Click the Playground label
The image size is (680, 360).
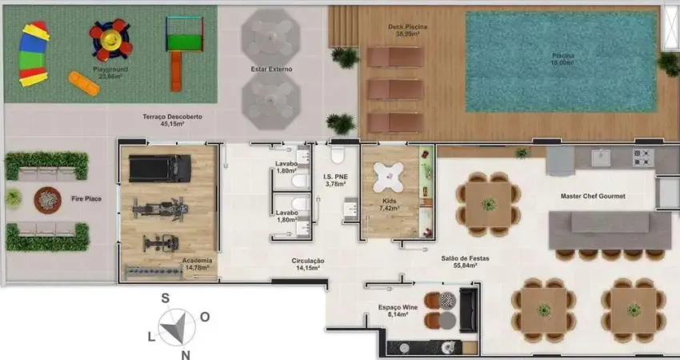(110, 70)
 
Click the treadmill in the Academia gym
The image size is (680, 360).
(160, 167)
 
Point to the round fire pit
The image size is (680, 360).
(47, 198)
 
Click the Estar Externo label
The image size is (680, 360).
(271, 70)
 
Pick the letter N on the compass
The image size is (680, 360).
(185, 354)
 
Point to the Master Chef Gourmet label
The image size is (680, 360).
(593, 196)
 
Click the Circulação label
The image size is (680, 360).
(307, 260)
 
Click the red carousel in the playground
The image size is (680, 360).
(110, 37)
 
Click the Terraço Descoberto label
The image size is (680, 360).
(172, 117)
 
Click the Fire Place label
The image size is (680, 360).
(85, 198)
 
